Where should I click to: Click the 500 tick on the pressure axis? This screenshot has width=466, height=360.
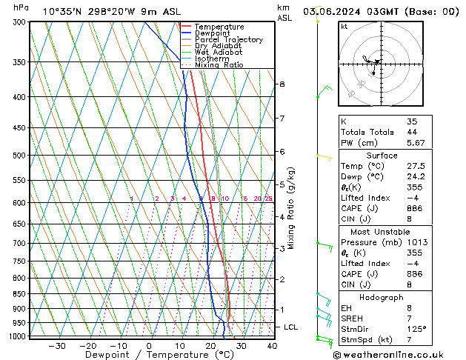(x=20, y=156)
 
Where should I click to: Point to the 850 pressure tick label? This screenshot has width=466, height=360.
(x=20, y=294)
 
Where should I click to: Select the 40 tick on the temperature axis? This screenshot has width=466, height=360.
(x=271, y=345)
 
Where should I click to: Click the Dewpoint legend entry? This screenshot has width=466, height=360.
(x=212, y=33)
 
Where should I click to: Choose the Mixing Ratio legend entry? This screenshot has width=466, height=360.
(x=219, y=65)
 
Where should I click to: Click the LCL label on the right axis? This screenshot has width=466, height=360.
(x=290, y=327)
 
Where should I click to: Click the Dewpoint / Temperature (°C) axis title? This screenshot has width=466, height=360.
(x=151, y=355)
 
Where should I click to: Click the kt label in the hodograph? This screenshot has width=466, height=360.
(x=344, y=26)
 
